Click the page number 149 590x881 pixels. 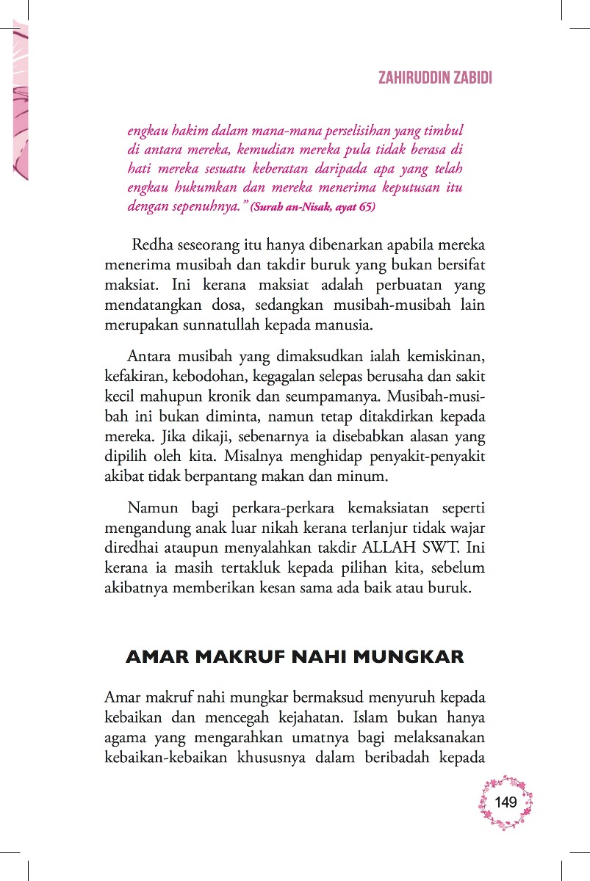point(506,802)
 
